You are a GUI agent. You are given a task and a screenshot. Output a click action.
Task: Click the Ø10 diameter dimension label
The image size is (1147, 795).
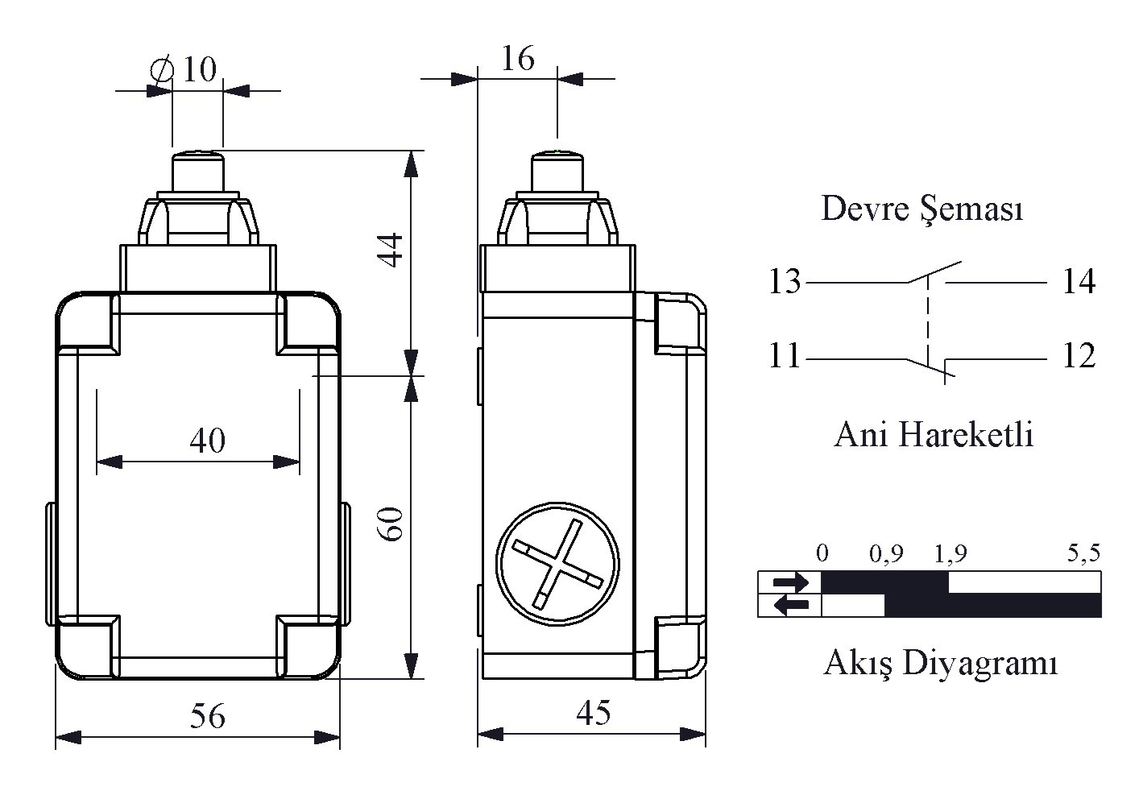click(184, 69)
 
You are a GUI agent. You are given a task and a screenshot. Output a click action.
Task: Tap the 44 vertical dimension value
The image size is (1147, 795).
click(391, 250)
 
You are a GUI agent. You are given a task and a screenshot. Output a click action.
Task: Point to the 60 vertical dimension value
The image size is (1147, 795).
click(391, 524)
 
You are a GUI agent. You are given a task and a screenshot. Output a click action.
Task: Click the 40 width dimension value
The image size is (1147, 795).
click(207, 441)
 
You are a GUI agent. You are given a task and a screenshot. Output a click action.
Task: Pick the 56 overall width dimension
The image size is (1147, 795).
click(207, 716)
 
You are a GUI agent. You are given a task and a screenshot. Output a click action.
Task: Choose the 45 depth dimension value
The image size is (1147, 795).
click(594, 713)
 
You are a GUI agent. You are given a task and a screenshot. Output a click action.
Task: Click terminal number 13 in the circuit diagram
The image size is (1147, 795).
click(785, 281)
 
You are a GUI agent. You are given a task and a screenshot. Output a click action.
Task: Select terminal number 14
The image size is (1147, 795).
click(1079, 281)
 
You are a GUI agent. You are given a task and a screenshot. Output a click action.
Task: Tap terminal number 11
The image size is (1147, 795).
click(785, 356)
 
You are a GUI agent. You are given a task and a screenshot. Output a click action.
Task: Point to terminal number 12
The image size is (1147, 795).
click(1079, 356)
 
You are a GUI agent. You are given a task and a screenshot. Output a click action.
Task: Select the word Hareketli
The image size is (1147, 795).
click(966, 435)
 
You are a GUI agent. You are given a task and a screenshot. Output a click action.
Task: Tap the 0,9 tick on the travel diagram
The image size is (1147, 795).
click(886, 554)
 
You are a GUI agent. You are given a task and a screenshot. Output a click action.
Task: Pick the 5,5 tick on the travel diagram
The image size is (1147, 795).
click(1083, 553)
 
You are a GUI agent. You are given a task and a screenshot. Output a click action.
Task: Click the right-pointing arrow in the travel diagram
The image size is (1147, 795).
click(791, 582)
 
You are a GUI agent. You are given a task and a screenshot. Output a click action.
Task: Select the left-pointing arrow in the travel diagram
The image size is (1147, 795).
click(791, 605)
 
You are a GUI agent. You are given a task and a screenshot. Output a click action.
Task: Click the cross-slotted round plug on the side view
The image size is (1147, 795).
click(557, 564)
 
